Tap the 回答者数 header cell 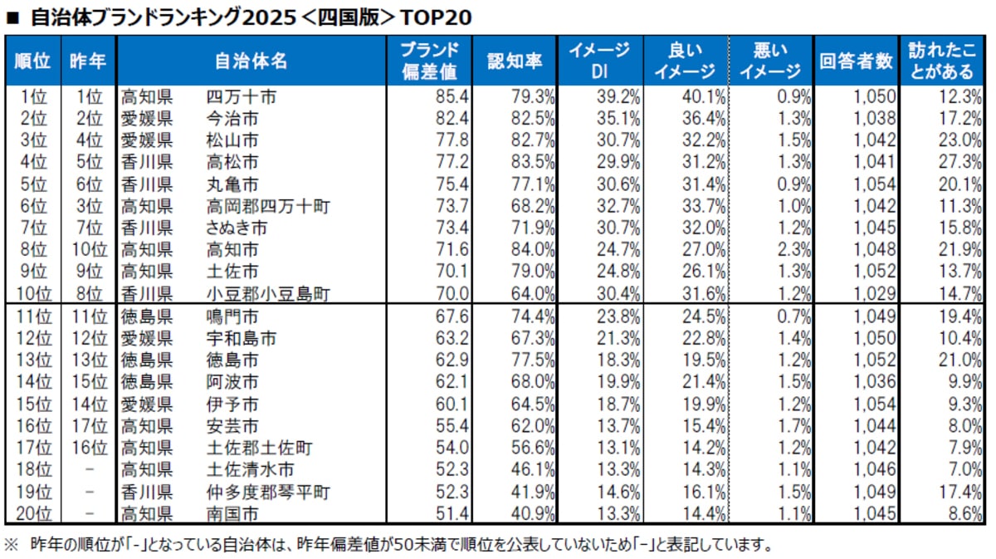(x=856, y=61)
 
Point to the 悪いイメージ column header (x=769, y=61)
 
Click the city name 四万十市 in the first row (x=241, y=97)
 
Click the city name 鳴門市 (x=232, y=316)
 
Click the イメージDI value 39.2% (x=618, y=97)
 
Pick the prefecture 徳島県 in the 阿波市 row (x=147, y=382)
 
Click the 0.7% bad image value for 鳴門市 (x=794, y=316)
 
